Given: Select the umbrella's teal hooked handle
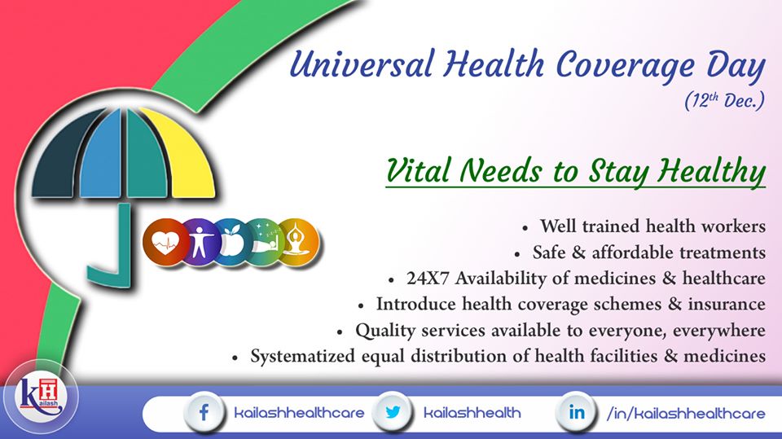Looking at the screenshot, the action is (112, 249).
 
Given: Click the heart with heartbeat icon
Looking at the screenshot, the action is (165, 243).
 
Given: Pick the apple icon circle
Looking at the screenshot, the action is (231, 243).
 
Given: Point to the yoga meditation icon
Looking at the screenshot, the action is (298, 243).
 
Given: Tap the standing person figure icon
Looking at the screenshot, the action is (200, 243).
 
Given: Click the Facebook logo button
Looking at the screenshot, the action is (204, 413).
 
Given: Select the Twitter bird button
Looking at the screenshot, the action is (393, 412).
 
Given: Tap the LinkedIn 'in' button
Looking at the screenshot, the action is (576, 412).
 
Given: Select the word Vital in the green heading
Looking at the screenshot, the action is (419, 170).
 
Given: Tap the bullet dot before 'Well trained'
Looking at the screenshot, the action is (525, 228).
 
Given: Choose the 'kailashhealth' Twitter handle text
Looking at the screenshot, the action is (472, 413).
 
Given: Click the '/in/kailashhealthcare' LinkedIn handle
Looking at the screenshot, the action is (686, 413).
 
